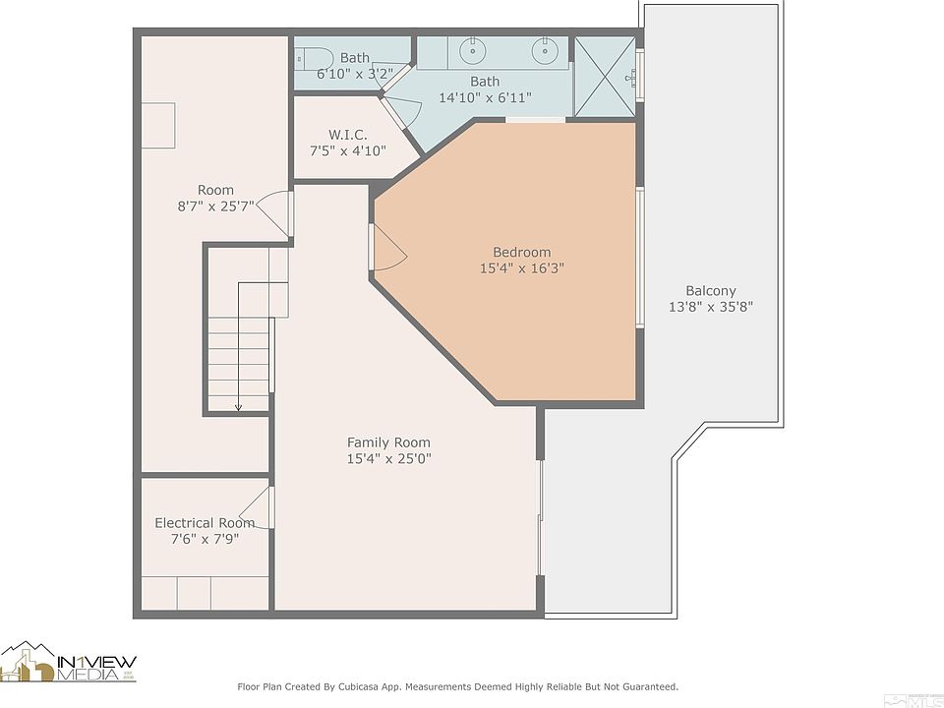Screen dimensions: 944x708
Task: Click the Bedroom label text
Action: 521,253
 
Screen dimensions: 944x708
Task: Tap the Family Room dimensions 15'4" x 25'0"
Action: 389,459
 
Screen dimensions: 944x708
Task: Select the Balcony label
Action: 710,291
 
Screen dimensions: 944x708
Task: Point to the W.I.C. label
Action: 347,135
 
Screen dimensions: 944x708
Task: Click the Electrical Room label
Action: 205,522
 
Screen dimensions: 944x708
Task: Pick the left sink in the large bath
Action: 473,51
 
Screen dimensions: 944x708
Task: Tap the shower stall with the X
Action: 605,77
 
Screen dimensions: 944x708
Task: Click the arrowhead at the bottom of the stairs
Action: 238,407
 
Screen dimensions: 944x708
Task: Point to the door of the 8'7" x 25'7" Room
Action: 275,213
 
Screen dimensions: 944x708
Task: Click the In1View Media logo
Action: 68,662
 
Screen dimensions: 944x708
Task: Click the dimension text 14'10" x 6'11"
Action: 485,97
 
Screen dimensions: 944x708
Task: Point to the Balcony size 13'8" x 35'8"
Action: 710,307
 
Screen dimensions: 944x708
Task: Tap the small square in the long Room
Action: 158,125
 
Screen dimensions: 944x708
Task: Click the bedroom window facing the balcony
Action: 640,257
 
